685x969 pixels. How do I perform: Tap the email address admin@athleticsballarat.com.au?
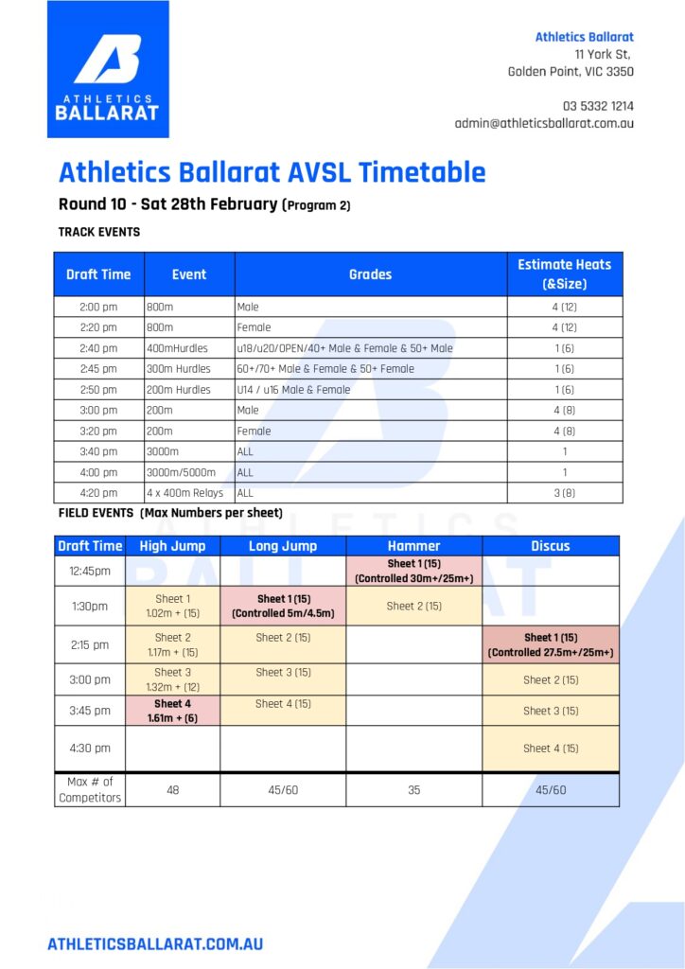(544, 123)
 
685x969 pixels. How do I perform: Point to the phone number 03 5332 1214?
(598, 106)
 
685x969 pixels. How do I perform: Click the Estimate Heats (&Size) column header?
(564, 273)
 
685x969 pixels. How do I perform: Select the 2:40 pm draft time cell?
(98, 348)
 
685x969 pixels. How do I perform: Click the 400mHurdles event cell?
(188, 348)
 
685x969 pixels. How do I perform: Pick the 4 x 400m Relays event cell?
(188, 493)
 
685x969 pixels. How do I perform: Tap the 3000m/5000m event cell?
(188, 472)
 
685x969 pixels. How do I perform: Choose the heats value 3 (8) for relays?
(564, 493)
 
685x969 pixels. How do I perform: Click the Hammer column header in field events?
(413, 546)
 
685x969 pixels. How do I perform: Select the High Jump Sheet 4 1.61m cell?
(172, 711)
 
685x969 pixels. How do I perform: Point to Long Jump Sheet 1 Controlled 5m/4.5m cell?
(283, 606)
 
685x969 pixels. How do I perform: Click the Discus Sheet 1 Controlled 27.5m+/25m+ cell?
(551, 644)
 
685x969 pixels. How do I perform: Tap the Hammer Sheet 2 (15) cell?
(413, 606)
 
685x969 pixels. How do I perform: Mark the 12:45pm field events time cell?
(89, 571)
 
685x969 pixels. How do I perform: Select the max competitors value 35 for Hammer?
(413, 789)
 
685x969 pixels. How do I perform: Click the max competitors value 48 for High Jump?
(172, 789)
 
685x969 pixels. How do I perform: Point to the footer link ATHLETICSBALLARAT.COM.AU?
(155, 943)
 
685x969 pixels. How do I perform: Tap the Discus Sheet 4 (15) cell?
(551, 749)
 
